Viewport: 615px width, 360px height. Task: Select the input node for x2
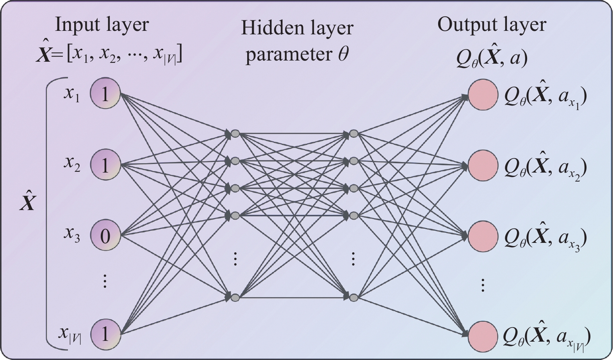[105, 165]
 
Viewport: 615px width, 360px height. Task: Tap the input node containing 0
[105, 235]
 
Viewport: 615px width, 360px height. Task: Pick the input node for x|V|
[105, 334]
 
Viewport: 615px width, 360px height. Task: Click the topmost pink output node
[483, 95]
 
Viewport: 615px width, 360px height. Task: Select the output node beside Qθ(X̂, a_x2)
[483, 166]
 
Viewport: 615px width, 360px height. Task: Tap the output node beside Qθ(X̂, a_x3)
[483, 236]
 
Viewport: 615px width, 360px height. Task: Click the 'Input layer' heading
[102, 25]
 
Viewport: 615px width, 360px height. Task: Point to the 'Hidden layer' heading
[297, 28]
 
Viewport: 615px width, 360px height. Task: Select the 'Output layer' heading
[492, 25]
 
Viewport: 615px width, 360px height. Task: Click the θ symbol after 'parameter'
[343, 54]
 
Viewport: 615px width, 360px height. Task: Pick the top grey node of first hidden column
[235, 134]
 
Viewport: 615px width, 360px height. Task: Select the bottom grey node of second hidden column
[354, 298]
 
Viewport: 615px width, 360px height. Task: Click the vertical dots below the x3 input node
[105, 281]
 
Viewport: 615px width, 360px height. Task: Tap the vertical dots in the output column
[483, 285]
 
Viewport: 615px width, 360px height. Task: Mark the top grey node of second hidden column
[354, 134]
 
